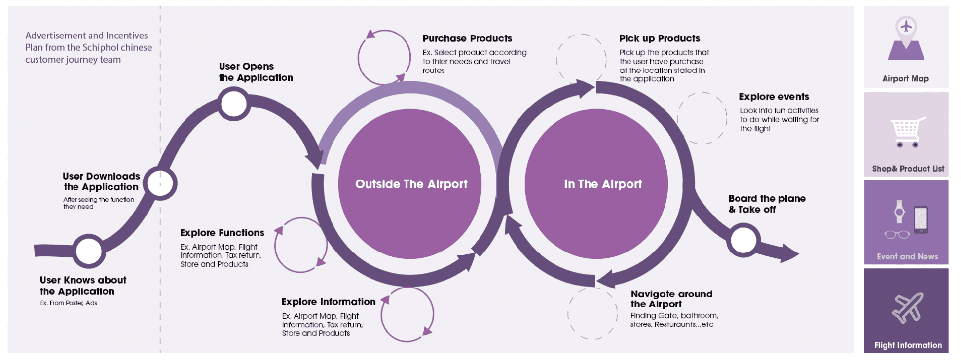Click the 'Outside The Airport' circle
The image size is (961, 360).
[410, 184]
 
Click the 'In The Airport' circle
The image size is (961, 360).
[596, 184]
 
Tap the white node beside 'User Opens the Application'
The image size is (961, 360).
[234, 104]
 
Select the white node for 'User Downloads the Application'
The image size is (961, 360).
[160, 183]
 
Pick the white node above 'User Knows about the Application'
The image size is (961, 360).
[89, 251]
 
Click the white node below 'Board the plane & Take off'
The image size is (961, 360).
[743, 241]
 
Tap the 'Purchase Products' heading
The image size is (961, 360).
[467, 38]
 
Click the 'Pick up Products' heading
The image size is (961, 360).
[660, 38]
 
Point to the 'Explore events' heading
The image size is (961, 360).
[774, 97]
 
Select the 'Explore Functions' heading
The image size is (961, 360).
[222, 233]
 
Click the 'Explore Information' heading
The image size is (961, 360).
[329, 302]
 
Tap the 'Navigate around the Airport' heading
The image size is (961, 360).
[671, 299]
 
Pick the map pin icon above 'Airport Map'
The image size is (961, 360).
[906, 38]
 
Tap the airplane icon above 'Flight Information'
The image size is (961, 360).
[907, 308]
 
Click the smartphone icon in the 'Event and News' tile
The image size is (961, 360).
[921, 219]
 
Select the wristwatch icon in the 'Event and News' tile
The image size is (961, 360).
[899, 213]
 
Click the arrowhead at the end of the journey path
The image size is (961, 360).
[789, 253]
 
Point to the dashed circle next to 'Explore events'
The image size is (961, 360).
[702, 118]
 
